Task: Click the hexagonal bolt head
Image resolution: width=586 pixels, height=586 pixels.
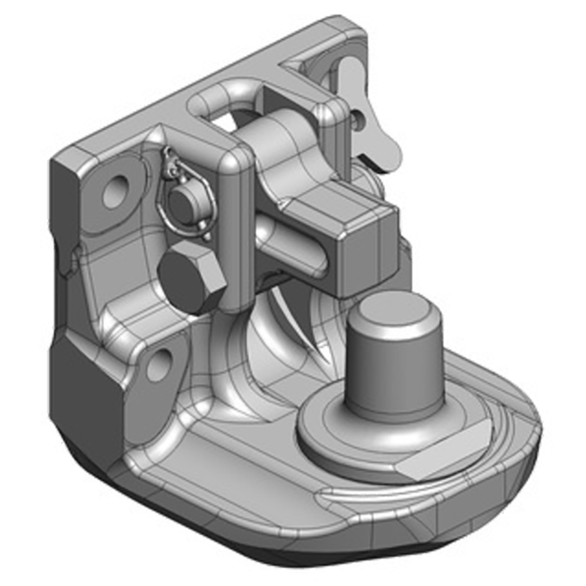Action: (190, 277)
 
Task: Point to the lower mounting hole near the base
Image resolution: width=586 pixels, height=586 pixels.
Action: (159, 364)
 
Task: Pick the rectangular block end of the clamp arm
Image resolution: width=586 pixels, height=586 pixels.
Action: (362, 249)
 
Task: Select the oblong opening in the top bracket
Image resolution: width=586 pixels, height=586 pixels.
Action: (220, 110)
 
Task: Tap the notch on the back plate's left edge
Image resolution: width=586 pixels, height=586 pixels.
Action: (70, 260)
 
